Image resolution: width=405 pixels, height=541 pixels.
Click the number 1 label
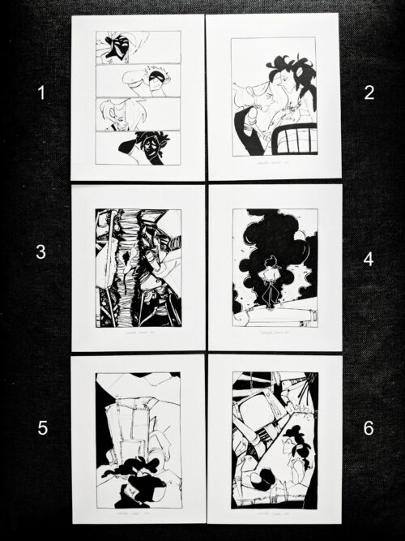click(x=41, y=93)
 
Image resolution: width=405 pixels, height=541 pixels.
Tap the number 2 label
click(x=369, y=92)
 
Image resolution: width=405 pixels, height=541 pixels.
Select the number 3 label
click(x=40, y=251)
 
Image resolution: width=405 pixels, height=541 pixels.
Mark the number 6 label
click(x=369, y=427)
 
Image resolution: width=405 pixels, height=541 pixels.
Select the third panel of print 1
click(x=138, y=113)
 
